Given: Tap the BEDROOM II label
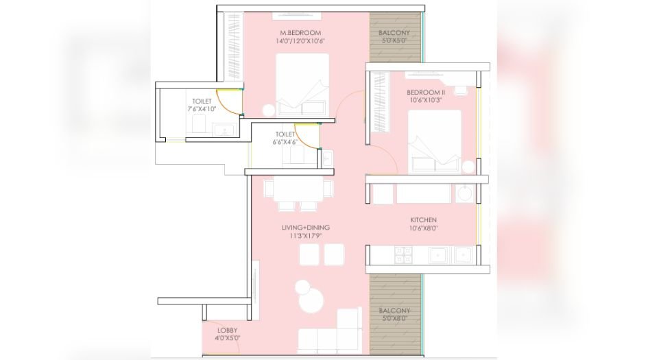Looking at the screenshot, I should [426, 92].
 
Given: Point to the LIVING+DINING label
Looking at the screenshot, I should [306, 228].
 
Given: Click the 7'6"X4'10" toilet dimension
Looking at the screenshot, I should [201, 109].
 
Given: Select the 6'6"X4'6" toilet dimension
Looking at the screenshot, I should [285, 143].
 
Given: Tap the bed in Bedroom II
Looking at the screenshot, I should [434, 141].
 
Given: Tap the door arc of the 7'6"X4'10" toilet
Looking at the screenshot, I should [230, 102].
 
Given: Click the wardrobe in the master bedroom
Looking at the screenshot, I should [232, 45].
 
